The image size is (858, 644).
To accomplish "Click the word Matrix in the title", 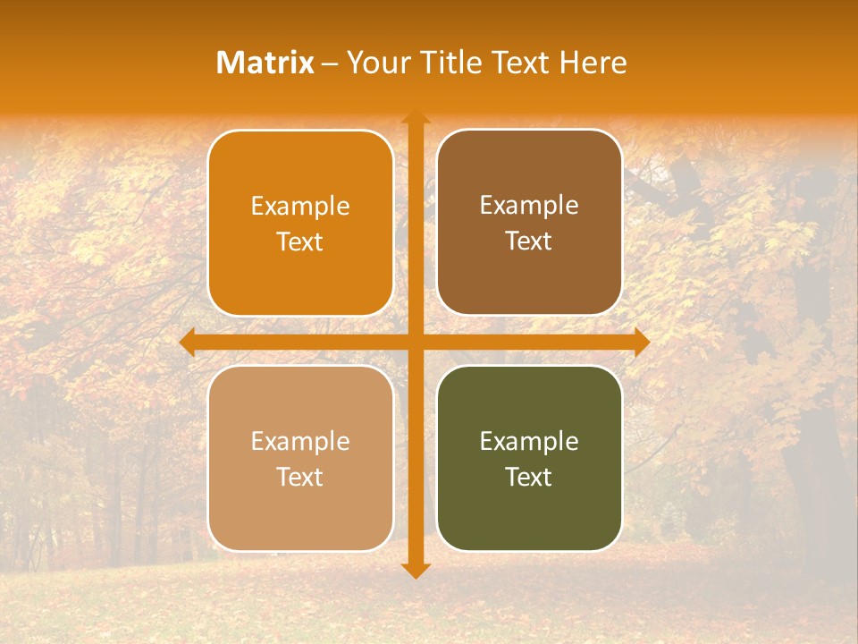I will pos(265,63).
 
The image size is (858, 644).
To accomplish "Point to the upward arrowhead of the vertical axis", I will pos(415,117).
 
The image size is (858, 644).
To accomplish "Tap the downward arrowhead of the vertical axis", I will pos(415,570).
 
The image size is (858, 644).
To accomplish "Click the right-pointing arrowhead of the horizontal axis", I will pos(641,343).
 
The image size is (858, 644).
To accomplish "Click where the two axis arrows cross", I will pos(415,343).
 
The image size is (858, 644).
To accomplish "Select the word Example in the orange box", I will pos(300,207).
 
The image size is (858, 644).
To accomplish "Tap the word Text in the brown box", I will pos(529,241).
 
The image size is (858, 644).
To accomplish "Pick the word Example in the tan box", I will pos(300,442).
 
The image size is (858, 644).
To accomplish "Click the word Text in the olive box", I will pos(529,477).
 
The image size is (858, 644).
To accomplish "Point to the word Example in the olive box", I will pos(529,442).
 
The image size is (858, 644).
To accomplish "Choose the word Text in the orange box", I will pos(300,242).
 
